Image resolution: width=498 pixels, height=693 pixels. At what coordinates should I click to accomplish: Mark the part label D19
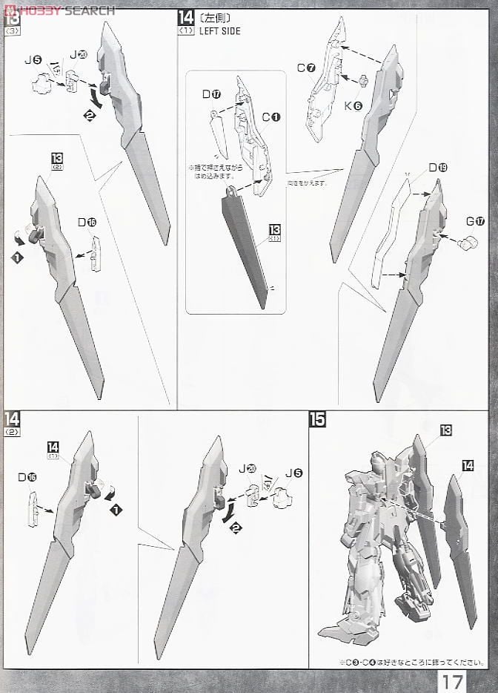[x=437, y=168]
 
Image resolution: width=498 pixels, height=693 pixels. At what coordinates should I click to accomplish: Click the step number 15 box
[x=317, y=419]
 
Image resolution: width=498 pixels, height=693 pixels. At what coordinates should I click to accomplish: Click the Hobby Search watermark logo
[x=59, y=10]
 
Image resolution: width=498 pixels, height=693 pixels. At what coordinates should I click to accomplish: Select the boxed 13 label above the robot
[x=445, y=430]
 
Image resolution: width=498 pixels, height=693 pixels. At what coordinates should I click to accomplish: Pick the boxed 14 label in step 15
[x=467, y=465]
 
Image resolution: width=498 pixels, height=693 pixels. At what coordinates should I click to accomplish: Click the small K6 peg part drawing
[x=364, y=80]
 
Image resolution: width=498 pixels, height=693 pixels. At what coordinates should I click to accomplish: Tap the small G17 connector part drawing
[x=469, y=241]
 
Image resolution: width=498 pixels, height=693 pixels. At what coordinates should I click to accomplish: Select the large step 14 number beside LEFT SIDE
[x=185, y=19]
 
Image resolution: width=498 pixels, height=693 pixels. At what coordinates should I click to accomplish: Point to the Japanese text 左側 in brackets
[x=211, y=18]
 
